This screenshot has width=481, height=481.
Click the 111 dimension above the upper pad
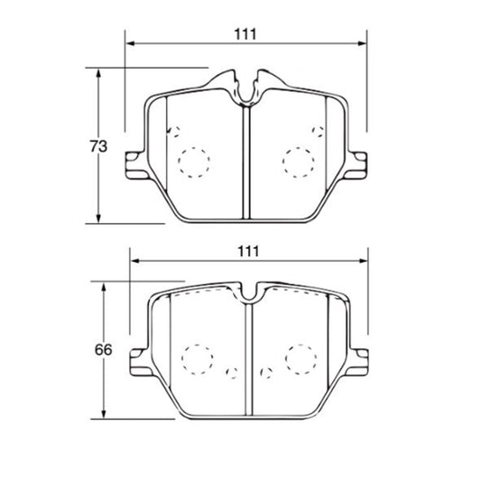tap(245, 34)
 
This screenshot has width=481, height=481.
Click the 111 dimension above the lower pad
tap(248, 252)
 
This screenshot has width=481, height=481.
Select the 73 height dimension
tap(98, 146)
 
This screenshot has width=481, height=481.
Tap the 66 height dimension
tap(104, 350)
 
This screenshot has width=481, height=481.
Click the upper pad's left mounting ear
tap(134, 165)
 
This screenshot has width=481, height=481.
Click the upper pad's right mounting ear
tap(356, 165)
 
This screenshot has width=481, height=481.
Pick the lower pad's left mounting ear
tap(140, 362)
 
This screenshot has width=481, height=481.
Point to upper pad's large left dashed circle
tap(194, 148)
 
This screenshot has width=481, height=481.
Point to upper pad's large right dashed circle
tap(299, 148)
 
